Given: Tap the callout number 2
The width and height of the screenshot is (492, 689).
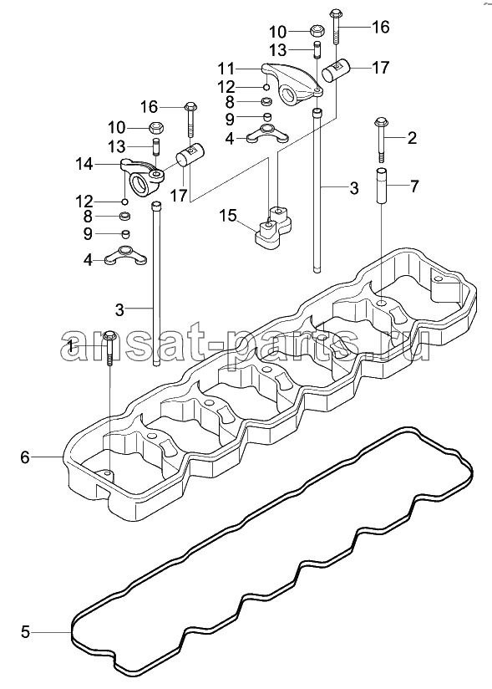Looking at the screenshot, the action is [x=412, y=138].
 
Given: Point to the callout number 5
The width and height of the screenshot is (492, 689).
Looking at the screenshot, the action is [x=25, y=632].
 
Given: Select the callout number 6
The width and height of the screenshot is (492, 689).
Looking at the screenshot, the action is [x=25, y=457].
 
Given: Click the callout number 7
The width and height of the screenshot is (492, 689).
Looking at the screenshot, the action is [x=413, y=186].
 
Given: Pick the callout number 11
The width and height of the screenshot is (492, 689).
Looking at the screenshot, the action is [x=226, y=69].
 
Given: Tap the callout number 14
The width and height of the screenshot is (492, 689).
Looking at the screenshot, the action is [x=84, y=165].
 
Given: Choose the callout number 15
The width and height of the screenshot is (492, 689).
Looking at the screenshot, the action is [x=228, y=216].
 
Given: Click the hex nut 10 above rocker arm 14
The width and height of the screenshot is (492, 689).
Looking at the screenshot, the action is [x=157, y=128].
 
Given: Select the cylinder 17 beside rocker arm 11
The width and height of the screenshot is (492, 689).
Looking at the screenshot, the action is [x=336, y=71].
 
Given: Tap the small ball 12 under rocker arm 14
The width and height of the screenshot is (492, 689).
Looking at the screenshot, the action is [x=124, y=202].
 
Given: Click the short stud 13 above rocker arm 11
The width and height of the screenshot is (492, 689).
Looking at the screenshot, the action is [x=317, y=49].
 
